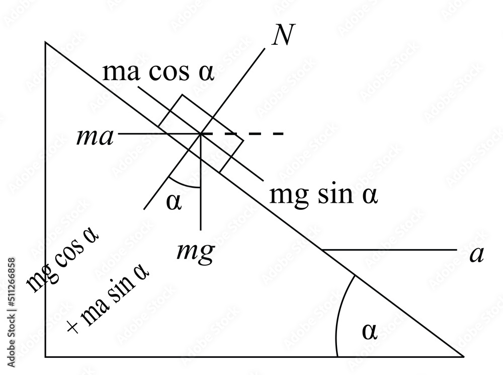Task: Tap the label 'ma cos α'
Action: coord(158,73)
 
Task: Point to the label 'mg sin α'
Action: coord(323,194)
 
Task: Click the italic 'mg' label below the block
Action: coord(196,250)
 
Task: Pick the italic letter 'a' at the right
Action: coord(476,255)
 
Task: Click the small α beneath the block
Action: coord(173,202)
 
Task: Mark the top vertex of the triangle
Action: coord(46,43)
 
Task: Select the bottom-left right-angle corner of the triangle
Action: coord(46,356)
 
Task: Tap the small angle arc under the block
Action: coord(184,184)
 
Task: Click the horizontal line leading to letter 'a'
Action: coord(387,250)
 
